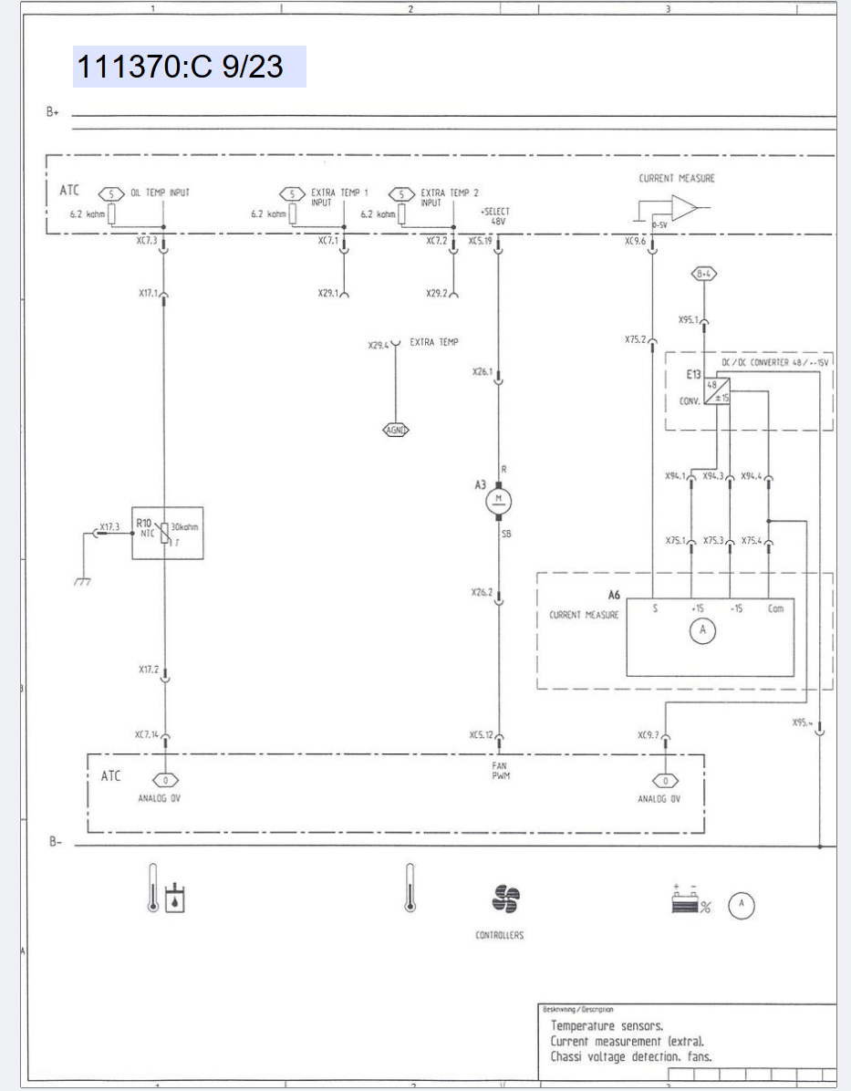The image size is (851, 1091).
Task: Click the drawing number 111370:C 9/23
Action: coord(181,67)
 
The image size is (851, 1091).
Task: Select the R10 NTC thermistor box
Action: coord(167,533)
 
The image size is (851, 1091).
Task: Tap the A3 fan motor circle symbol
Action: coord(499,498)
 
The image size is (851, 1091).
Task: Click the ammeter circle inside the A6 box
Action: coord(702,631)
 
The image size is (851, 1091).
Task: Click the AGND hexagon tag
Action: coord(395,430)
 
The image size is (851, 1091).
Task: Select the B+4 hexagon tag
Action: coord(704,274)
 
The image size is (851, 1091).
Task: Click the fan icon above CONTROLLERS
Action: coord(504,899)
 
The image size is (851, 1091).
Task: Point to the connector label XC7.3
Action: coord(146,241)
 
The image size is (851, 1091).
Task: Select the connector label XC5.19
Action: coord(480,241)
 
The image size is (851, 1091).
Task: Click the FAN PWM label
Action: coord(499,771)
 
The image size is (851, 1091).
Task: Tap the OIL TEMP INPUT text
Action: coord(160,193)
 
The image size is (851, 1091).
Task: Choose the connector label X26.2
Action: coord(482,592)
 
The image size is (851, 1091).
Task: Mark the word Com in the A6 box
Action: coord(774,608)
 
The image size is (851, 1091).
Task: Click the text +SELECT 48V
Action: coord(495,216)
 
